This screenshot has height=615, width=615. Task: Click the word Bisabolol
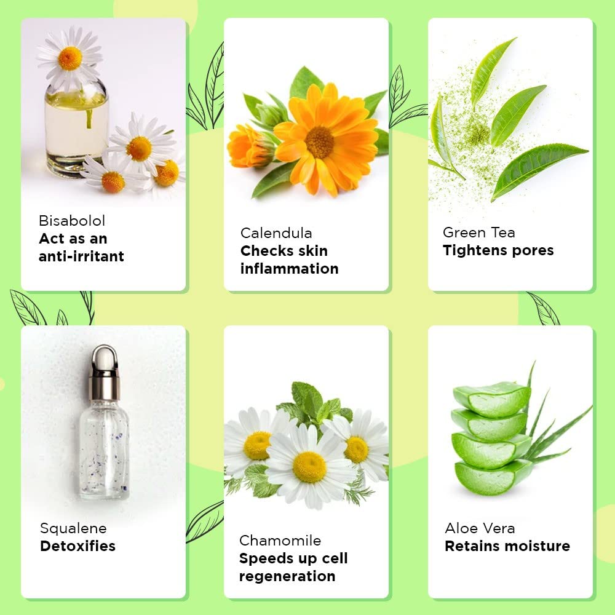[x=72, y=221]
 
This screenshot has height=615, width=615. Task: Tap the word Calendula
[x=276, y=233]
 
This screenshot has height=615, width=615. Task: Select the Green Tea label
[x=478, y=232]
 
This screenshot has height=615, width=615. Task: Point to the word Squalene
[x=73, y=529]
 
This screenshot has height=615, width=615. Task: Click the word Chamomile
[x=280, y=541]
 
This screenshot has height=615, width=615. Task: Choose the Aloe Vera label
[x=480, y=528]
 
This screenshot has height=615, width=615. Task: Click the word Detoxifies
[x=77, y=546]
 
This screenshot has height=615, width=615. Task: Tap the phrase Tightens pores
[x=498, y=250]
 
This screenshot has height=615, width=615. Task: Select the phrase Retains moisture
[x=507, y=546]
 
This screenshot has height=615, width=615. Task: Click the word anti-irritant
[x=81, y=256]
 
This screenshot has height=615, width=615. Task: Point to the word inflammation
[x=290, y=269]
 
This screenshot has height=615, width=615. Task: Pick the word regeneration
[x=287, y=576]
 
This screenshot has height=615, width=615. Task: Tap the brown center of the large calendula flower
[x=320, y=143]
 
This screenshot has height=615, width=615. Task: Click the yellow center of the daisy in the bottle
[x=70, y=58]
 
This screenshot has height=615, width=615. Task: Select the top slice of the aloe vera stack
[x=492, y=399]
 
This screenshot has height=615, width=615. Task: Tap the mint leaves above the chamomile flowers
[x=314, y=404]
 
